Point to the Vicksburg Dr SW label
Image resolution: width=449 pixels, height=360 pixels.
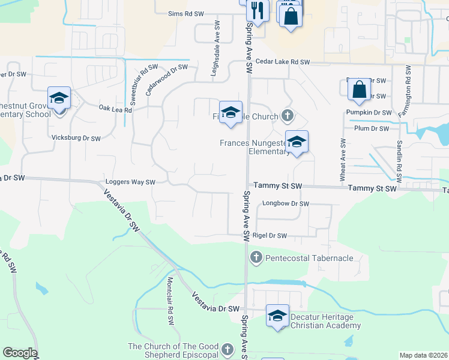[76, 138]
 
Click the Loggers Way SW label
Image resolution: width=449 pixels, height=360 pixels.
[130, 182]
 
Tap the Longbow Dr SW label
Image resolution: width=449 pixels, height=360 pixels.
[285, 204]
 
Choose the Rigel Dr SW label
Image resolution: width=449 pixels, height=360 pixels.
[270, 236]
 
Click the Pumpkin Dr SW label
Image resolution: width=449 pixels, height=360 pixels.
[369, 112]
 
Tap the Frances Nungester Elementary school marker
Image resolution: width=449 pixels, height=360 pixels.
[297, 142]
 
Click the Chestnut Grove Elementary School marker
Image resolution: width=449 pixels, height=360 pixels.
[59, 98]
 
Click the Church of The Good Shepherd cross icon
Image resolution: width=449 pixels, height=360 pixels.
[227, 349]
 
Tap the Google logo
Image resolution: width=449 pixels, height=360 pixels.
[20, 353]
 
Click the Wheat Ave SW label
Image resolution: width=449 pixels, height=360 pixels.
[343, 160]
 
